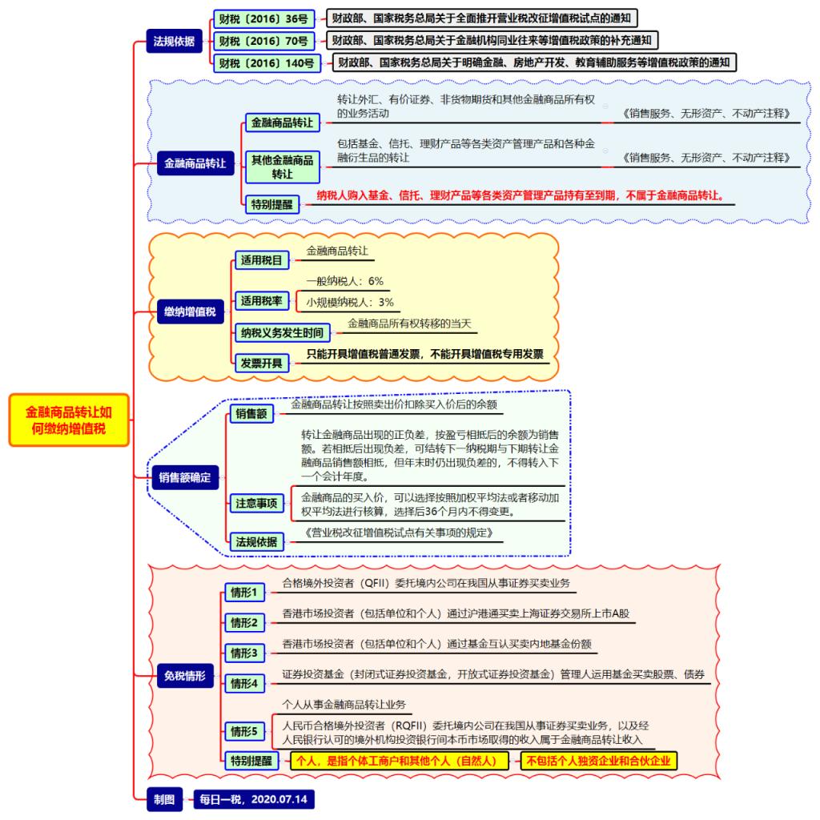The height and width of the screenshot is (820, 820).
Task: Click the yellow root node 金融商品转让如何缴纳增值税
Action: tap(69, 420)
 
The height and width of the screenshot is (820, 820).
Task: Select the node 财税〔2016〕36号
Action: tap(264, 19)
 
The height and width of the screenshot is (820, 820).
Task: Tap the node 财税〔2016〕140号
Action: tap(267, 63)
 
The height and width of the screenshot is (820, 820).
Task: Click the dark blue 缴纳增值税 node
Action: tap(191, 312)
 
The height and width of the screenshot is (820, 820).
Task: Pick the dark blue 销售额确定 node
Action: tap(185, 477)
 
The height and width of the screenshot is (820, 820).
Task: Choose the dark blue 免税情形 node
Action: tap(185, 676)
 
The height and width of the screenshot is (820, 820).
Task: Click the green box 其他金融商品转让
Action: tap(283, 167)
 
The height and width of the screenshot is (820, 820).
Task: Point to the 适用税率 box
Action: tap(262, 301)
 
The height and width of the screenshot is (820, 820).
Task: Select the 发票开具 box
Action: tap(262, 363)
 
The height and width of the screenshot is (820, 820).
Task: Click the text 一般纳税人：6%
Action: tap(344, 281)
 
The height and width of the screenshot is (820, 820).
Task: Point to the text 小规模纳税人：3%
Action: tap(350, 302)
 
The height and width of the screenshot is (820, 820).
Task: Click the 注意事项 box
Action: tap(257, 503)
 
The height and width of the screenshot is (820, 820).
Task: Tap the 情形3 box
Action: tap(245, 653)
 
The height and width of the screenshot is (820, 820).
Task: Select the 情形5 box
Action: tap(245, 731)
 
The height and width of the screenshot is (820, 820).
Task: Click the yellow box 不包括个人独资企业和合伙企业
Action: tap(599, 761)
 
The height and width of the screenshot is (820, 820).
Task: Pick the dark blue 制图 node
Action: tap(165, 800)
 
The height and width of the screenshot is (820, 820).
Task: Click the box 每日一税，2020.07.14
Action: tap(254, 800)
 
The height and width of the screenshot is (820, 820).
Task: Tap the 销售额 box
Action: tap(251, 414)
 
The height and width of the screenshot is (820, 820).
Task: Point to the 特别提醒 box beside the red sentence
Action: tap(272, 204)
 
